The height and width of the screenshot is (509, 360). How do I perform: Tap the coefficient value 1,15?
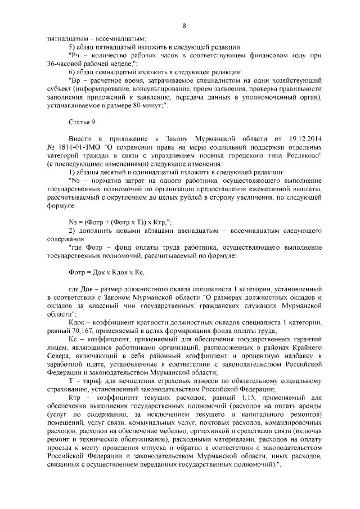pos(238,397)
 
